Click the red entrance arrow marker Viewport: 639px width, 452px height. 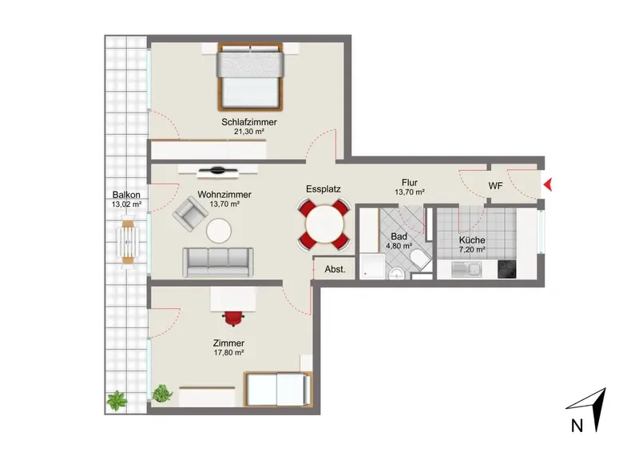548,185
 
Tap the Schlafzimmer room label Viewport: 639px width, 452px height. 249,122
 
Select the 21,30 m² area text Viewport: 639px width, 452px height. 249,132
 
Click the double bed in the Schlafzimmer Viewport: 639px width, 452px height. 250,77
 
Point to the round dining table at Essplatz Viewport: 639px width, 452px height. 324,224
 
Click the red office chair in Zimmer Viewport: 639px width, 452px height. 234,318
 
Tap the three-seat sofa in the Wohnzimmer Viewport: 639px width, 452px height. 217,262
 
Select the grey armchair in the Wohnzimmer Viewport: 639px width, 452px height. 190,214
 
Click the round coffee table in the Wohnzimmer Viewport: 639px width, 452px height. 219,231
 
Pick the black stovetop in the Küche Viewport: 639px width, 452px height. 506,269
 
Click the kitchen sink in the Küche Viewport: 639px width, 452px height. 467,269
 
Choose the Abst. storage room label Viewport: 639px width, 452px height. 335,269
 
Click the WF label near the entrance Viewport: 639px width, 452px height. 495,186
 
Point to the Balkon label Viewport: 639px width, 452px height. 126,195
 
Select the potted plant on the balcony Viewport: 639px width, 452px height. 117,400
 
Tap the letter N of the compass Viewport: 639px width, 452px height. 577,426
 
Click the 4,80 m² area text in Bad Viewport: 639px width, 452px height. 399,246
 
